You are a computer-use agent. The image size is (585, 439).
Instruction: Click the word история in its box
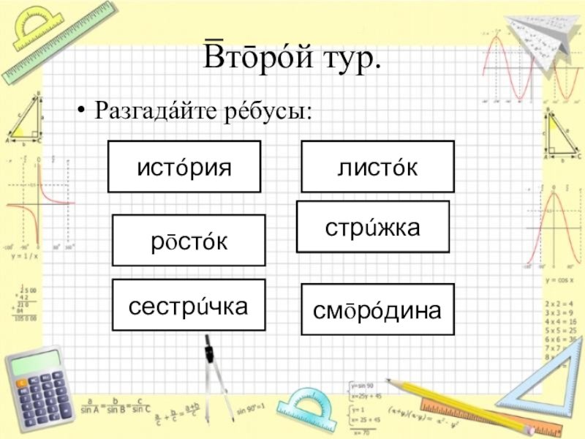point(184,168)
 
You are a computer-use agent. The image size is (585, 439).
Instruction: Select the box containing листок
point(377,168)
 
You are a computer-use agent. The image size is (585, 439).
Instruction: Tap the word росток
point(189,241)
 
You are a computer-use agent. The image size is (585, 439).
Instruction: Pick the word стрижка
point(372,228)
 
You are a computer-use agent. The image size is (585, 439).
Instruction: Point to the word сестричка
point(188,305)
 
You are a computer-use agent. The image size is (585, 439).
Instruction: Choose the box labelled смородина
point(377,310)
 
